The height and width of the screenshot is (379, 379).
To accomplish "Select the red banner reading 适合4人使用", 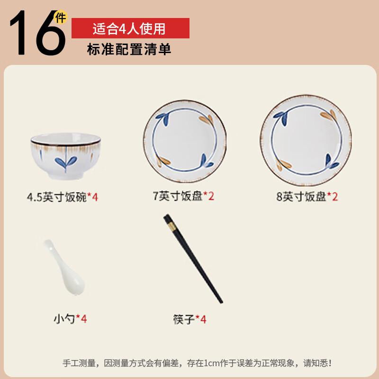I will [x=130, y=28].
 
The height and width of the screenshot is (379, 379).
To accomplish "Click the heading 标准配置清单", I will [x=129, y=49].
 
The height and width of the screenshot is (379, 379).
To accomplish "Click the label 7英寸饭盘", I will [x=178, y=197].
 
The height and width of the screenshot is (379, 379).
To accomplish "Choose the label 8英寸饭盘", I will [x=301, y=197].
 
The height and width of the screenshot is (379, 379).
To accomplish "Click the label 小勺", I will [x=65, y=319].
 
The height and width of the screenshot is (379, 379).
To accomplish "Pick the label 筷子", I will [x=184, y=319].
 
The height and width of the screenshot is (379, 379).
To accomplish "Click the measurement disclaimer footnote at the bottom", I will [x=197, y=363].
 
